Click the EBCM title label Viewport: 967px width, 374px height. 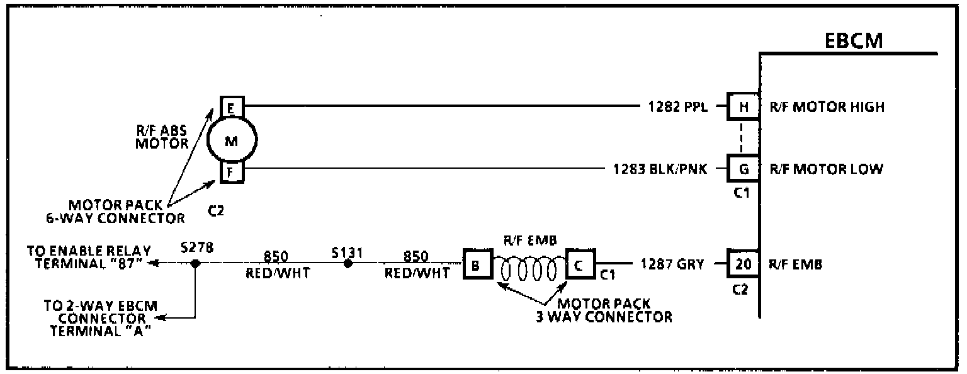854,41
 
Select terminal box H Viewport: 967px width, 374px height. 744,107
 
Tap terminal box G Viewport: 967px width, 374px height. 744,169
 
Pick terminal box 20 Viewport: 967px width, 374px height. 744,264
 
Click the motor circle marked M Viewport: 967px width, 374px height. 232,141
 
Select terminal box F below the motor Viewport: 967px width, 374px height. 231,173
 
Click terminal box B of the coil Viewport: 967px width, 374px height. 476,265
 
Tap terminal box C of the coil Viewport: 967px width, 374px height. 580,265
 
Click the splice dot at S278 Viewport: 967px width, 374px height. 196,264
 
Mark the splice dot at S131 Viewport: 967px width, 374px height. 347,264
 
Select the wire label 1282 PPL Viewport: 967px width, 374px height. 678,107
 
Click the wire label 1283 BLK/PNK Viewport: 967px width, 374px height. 660,169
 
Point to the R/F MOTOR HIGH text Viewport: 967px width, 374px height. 827,107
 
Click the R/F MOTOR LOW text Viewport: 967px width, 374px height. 825,169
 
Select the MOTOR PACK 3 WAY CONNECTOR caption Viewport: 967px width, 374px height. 604,310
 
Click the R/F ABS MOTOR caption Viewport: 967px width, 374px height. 162,137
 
